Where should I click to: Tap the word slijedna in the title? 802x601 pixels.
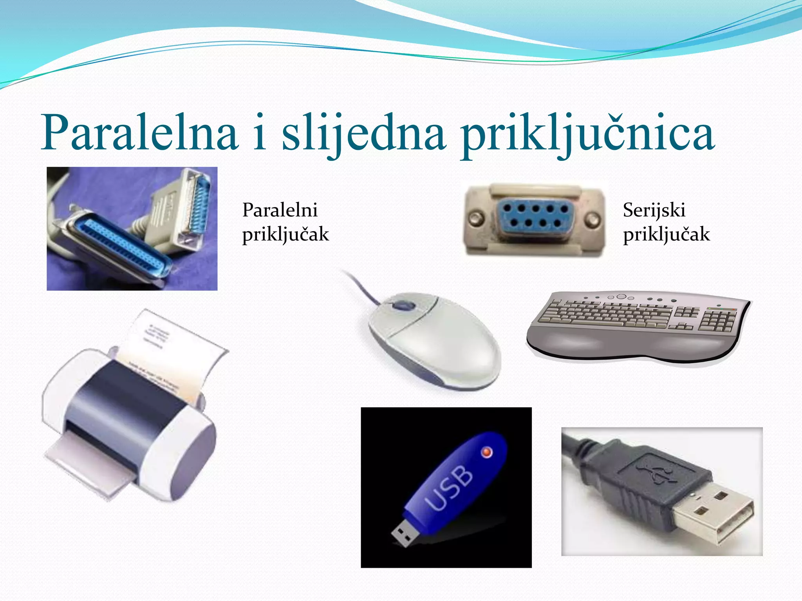pyautogui.click(x=364, y=133)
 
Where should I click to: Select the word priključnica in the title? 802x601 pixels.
pyautogui.click(x=587, y=133)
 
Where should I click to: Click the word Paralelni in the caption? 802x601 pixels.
pyautogui.click(x=280, y=210)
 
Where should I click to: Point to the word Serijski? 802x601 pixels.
pyautogui.click(x=654, y=210)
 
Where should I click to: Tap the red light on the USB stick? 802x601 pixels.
pyautogui.click(x=487, y=452)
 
